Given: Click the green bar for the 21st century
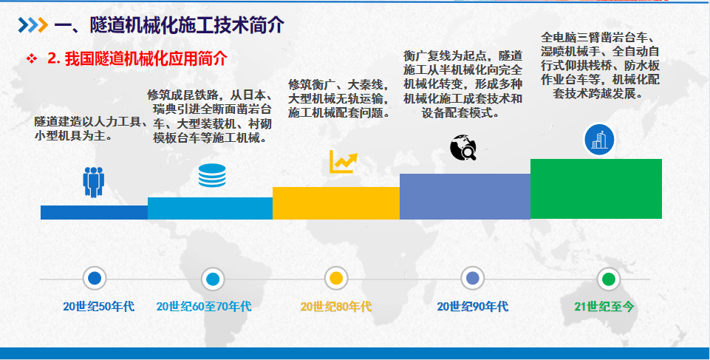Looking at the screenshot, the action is [596, 189].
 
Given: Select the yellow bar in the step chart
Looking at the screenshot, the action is [336, 203].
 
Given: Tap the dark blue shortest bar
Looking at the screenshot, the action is [94, 212].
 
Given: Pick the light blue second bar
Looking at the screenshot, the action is [210, 208].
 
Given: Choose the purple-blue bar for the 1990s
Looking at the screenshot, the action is [465, 197].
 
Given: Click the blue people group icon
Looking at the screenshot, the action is [94, 182].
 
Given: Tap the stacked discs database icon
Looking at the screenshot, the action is [212, 176].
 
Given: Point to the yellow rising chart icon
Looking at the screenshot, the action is [344, 162].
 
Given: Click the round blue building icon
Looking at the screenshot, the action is [599, 140].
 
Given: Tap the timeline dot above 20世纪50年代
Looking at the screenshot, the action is [95, 279].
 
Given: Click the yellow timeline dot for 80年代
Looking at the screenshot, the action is [336, 279].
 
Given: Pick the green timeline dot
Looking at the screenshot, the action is [609, 279].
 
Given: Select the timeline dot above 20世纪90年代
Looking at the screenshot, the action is [472, 279].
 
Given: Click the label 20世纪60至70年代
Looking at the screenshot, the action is [204, 307].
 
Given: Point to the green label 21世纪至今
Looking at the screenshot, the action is [604, 307].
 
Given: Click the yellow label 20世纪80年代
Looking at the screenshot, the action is [336, 307].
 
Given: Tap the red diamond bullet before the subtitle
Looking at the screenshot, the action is [31, 59].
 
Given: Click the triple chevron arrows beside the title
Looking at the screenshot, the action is [33, 25].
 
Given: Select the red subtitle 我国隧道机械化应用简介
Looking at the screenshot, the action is [146, 59].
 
